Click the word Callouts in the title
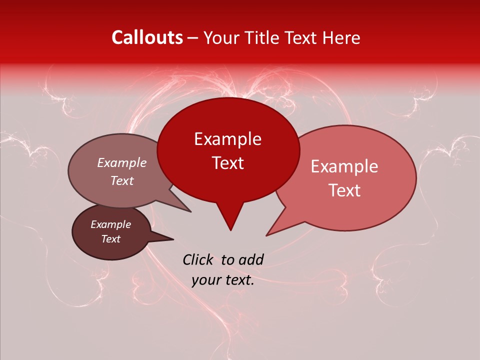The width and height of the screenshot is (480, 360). click(x=147, y=37)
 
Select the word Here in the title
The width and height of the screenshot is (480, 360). click(x=342, y=37)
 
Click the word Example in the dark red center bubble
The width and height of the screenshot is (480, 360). click(x=227, y=139)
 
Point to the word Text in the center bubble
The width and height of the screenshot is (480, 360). click(x=227, y=163)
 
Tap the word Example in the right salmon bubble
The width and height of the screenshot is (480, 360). click(x=344, y=166)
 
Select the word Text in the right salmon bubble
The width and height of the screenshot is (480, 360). click(x=344, y=190)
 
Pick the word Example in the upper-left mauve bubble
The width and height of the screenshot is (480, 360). click(x=121, y=162)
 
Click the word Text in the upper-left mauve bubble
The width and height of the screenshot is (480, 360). click(x=121, y=180)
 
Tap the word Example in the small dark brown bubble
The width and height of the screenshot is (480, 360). click(x=110, y=224)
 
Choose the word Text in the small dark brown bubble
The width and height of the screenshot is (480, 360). click(x=110, y=239)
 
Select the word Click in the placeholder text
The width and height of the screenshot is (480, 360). click(x=198, y=259)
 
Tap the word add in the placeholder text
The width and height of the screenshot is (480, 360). click(x=251, y=259)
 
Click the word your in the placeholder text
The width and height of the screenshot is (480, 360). click(x=206, y=280)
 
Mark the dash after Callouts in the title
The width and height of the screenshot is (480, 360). click(x=194, y=38)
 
